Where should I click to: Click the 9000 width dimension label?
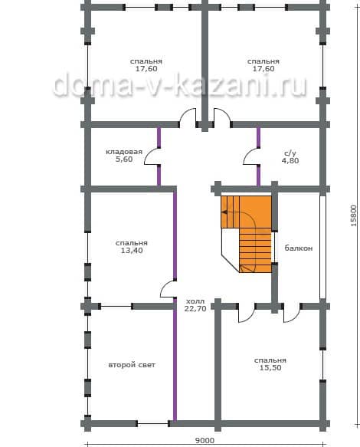pos(205,441)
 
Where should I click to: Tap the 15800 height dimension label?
pos(353,215)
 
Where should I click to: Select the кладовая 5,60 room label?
pos(124,156)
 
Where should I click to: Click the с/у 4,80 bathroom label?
pos(290,157)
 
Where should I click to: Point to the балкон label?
pos(299,248)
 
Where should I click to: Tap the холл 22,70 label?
pos(195,304)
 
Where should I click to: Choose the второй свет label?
pos(132,365)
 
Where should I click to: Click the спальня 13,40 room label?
pos(132,247)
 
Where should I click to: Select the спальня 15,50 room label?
pos(270,363)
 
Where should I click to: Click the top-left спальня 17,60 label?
pos(146,65)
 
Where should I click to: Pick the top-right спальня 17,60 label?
pos(263,65)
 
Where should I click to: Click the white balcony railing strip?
pos(322,247)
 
